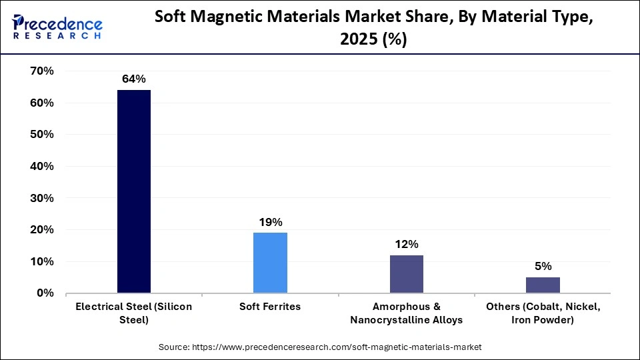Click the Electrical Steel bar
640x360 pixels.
pos(134,191)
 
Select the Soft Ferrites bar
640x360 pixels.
pos(270,263)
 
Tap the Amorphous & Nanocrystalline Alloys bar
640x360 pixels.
pos(406,274)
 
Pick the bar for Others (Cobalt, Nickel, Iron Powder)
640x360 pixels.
pos(543,285)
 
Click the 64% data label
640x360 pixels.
pos(134,79)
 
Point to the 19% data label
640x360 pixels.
pos(270,221)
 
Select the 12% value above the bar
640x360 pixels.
pos(406,244)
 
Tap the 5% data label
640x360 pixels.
pos(543,266)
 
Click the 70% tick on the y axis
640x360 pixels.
pos(41,71)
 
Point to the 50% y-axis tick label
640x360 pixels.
pos(41,135)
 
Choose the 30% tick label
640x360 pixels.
pos(41,198)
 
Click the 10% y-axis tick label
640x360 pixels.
pos(41,261)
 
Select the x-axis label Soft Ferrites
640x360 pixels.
pos(270,307)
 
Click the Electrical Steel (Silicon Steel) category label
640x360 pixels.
pos(134,313)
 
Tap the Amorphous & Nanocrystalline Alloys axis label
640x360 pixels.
pos(406,313)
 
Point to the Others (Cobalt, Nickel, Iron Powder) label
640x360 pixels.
pos(543,313)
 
